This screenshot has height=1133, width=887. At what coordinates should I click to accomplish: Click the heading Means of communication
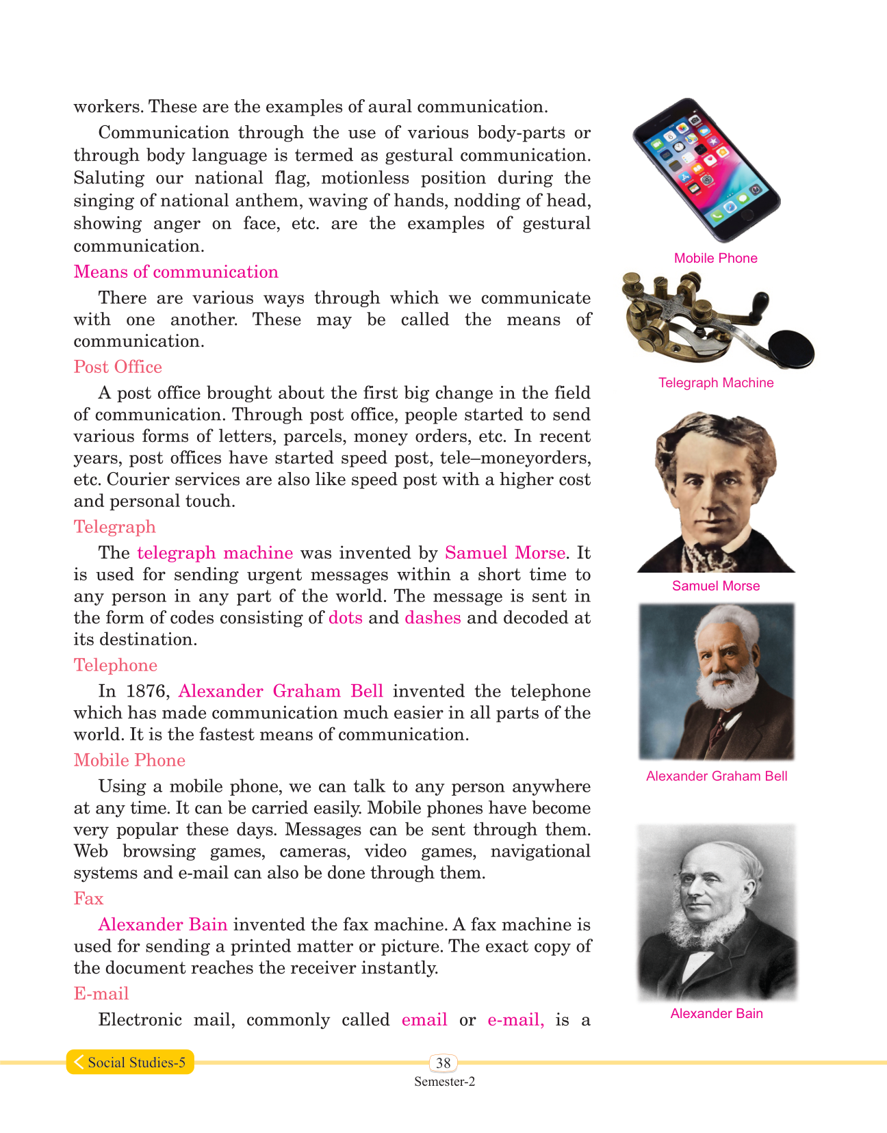pos(176,272)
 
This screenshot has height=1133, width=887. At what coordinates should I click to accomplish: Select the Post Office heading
pos(118,367)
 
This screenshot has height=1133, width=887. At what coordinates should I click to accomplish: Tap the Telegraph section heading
pos(114,528)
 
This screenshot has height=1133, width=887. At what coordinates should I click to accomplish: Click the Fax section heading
pos(88,899)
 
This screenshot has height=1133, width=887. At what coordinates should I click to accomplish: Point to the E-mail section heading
pos(101,994)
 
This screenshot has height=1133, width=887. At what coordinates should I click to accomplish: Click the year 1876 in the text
pos(144,692)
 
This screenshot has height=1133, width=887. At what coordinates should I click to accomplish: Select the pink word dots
pos(346,618)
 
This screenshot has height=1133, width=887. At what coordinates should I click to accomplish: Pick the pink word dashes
pos(433,618)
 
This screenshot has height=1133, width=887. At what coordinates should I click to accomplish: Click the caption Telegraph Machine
pos(716,383)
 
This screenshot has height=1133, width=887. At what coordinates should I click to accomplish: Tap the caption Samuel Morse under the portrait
pos(716,586)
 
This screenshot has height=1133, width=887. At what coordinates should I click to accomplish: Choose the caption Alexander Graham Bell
pos(717,777)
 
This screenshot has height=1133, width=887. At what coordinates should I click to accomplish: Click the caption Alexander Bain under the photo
pos(717,1014)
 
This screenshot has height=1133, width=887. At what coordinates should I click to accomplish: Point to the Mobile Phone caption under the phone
pos(716,259)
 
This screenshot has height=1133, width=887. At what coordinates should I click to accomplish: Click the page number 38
pos(443,1063)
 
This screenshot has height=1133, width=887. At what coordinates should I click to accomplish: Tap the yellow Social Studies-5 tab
pos(130,1063)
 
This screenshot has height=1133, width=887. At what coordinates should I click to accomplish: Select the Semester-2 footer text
pos(444,1082)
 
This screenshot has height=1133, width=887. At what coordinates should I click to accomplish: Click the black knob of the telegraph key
pos(792,348)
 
